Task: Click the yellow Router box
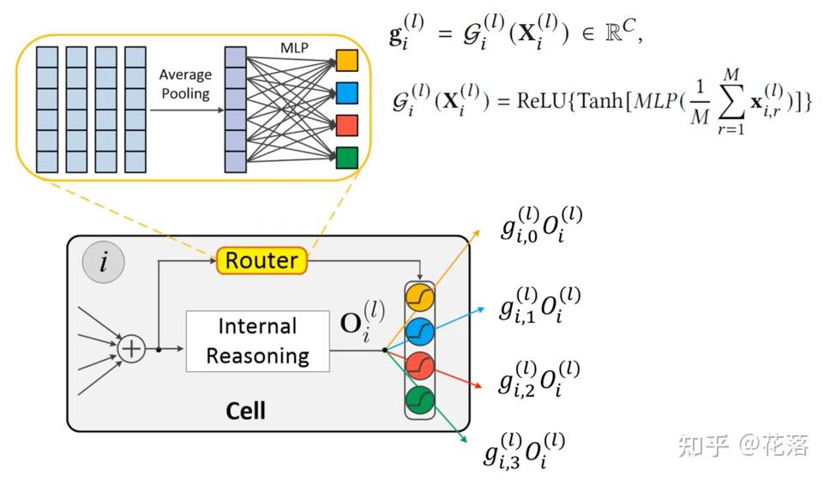262,260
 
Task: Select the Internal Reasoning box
258,341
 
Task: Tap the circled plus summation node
130,350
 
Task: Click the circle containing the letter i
104,262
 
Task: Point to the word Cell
245,410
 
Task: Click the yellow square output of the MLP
347,60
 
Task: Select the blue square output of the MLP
347,93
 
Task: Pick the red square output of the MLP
347,125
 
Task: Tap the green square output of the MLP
347,158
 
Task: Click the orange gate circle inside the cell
420,297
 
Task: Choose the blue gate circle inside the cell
420,332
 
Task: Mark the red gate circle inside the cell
420,366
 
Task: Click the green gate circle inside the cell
420,400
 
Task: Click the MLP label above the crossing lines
294,48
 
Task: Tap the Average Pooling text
186,84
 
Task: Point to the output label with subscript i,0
542,225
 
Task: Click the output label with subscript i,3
525,451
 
